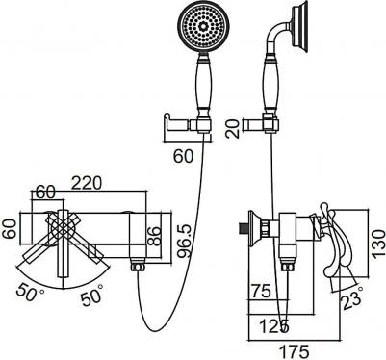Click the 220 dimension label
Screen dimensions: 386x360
87,183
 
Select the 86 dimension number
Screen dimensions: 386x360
155,236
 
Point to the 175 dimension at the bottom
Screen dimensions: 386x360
295,351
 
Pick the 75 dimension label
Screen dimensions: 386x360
261,292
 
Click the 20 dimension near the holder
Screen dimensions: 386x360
233,129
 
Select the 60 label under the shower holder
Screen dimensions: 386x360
184,156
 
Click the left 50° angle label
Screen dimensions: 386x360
29,291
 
